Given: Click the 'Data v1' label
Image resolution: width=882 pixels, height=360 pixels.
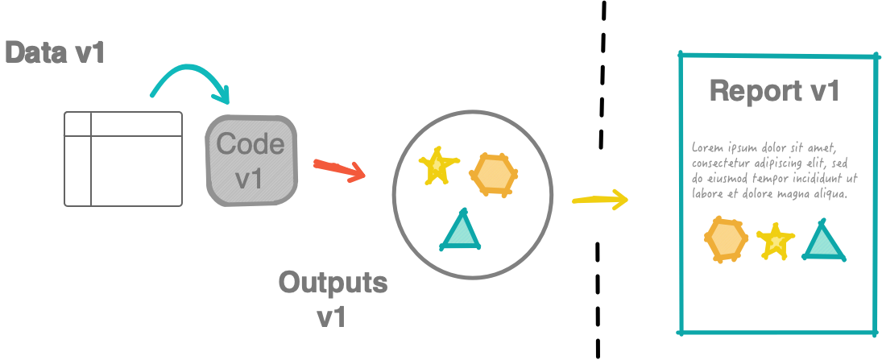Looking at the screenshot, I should click(55, 53).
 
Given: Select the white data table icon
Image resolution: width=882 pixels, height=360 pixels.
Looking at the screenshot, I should click(123, 159).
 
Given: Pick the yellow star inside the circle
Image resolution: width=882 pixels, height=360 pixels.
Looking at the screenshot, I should click(438, 165).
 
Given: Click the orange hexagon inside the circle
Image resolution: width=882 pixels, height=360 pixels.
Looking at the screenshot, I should click(493, 174).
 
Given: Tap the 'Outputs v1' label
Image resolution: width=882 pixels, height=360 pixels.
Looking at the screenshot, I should click(333, 298).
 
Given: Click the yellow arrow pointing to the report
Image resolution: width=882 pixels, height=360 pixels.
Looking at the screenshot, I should click(599, 199).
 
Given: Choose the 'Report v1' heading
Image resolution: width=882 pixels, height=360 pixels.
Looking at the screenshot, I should click(775, 91).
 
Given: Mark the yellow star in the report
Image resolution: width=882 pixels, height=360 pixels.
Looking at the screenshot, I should click(775, 240).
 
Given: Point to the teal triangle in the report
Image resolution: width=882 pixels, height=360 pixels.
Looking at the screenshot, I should click(823, 242).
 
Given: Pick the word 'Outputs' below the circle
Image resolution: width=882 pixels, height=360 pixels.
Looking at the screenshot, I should click(333, 283).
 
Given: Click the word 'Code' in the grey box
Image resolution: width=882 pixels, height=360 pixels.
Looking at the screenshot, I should click(251, 144).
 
